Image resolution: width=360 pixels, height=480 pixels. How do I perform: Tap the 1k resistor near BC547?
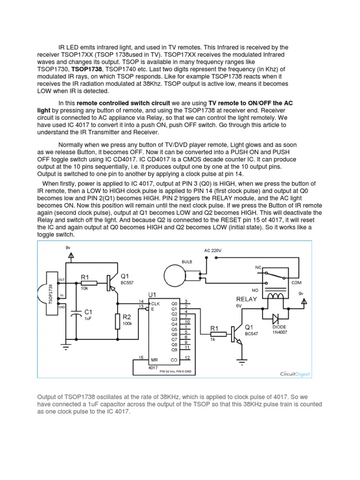214,334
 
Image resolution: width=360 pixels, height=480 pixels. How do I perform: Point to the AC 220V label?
212,251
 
